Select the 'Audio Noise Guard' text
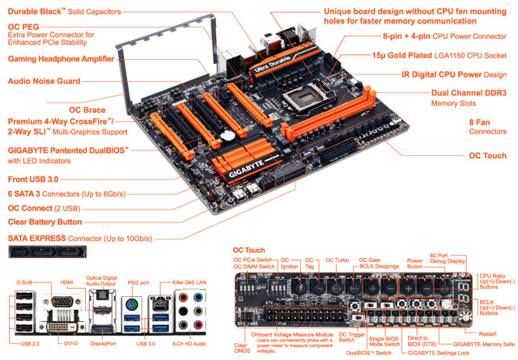(44, 81)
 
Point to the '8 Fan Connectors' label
(487, 125)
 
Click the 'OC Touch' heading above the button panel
(249, 250)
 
